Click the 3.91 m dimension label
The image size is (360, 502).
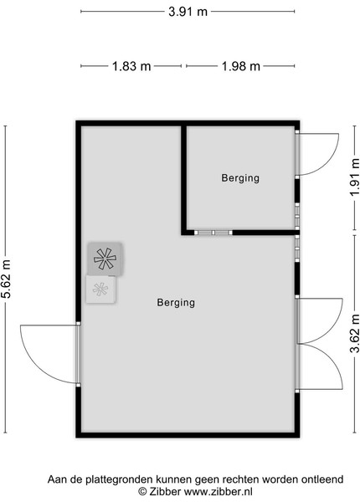(x=188, y=12)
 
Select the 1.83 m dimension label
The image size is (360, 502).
(x=131, y=66)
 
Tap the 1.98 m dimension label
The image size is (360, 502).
(x=241, y=66)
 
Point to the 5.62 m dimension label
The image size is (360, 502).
(x=6, y=279)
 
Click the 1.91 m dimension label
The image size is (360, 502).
(x=354, y=177)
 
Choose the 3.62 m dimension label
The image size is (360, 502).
(x=354, y=334)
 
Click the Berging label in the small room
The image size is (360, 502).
(x=240, y=178)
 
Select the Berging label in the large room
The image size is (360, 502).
(x=176, y=303)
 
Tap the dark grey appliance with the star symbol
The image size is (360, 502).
(x=105, y=259)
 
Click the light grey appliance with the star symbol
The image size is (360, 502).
(x=100, y=289)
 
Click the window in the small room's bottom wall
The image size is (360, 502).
(x=213, y=233)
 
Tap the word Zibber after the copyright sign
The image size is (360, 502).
(x=165, y=491)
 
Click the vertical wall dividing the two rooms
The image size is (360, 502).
(x=184, y=177)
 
